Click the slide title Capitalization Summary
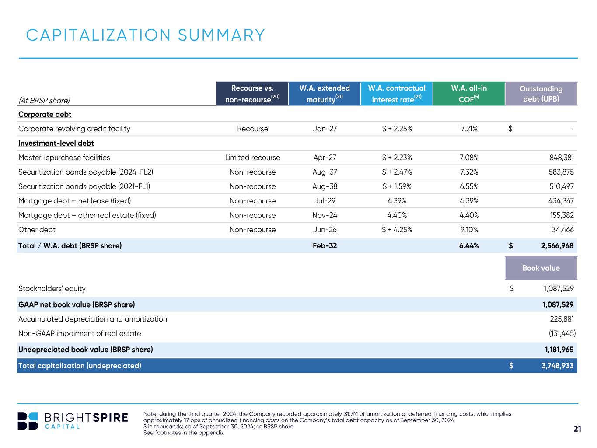(x=146, y=35)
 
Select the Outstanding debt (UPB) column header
(x=541, y=94)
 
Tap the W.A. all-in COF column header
(x=469, y=94)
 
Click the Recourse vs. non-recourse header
(x=252, y=94)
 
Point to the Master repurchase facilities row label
(x=64, y=157)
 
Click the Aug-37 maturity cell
(x=325, y=172)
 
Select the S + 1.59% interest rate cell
(x=397, y=186)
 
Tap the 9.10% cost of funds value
(x=469, y=230)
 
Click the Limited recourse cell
(x=252, y=157)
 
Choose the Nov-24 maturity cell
(x=325, y=215)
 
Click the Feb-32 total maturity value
(x=325, y=246)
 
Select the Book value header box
(x=541, y=268)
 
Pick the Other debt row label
(x=37, y=230)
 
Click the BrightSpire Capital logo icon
(x=28, y=421)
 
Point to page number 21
(x=577, y=429)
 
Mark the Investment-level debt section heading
(x=56, y=143)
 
